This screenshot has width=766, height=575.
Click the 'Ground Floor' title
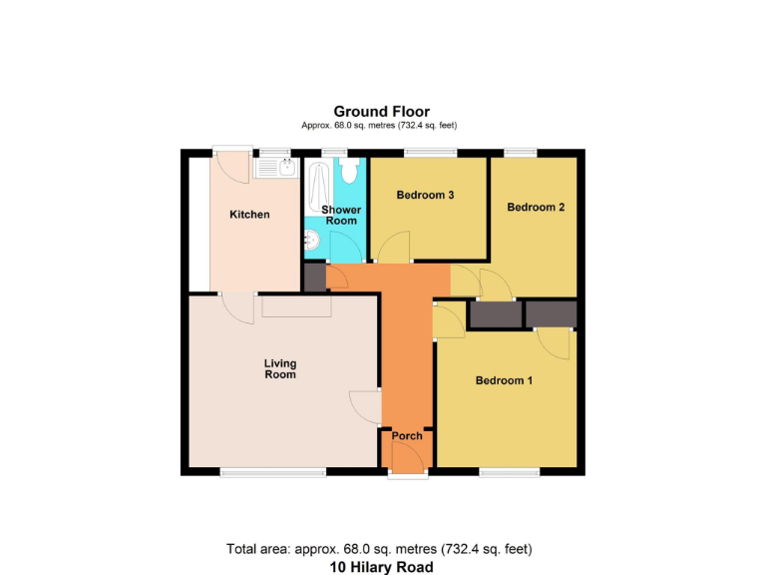(x=381, y=111)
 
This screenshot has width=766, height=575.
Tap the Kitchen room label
(x=249, y=215)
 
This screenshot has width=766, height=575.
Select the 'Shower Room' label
(x=341, y=215)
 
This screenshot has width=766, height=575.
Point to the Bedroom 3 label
(x=426, y=195)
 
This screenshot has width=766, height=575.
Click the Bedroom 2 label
(x=536, y=208)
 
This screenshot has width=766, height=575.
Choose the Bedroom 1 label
(x=504, y=380)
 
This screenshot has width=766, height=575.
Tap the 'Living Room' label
(x=280, y=368)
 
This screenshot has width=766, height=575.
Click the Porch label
(x=407, y=436)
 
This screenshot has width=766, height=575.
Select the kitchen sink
(x=274, y=168)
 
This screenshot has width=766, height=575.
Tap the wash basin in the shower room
(x=311, y=241)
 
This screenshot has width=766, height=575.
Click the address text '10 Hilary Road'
(x=382, y=567)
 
